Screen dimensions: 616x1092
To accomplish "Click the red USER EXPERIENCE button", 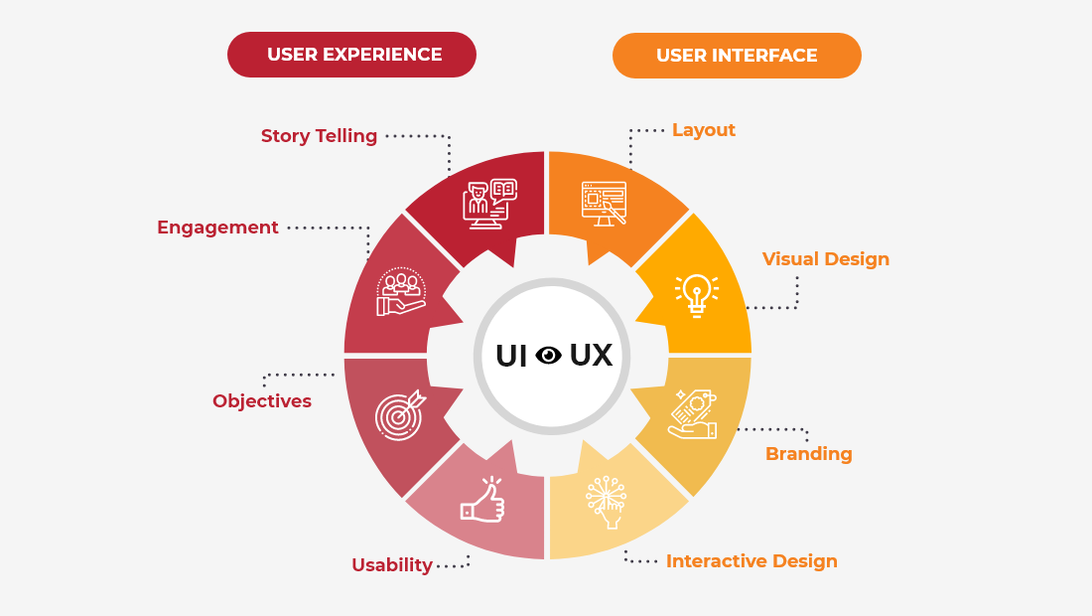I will click(x=352, y=55).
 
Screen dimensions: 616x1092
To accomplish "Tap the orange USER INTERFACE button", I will click(x=737, y=56).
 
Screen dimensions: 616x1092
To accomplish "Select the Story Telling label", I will click(x=319, y=136).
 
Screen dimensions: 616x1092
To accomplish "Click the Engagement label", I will click(x=217, y=228).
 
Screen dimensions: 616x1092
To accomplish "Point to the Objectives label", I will click(x=262, y=401).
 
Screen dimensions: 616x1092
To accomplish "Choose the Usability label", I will click(x=392, y=565).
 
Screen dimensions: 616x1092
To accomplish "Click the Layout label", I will click(x=704, y=130).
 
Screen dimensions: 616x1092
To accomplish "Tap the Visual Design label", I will click(x=826, y=259).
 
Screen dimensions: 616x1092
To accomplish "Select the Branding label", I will click(x=809, y=454).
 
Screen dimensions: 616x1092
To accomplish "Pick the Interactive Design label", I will click(x=751, y=561).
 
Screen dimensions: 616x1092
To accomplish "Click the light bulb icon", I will click(x=696, y=295).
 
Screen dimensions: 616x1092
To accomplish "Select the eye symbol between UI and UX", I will click(x=549, y=355).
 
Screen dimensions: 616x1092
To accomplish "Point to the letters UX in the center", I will click(x=591, y=355).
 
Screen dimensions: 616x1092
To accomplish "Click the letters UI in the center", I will click(x=511, y=355).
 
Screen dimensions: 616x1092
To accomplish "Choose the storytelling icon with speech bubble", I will click(x=489, y=204).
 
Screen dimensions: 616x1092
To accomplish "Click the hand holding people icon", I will click(x=401, y=292).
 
